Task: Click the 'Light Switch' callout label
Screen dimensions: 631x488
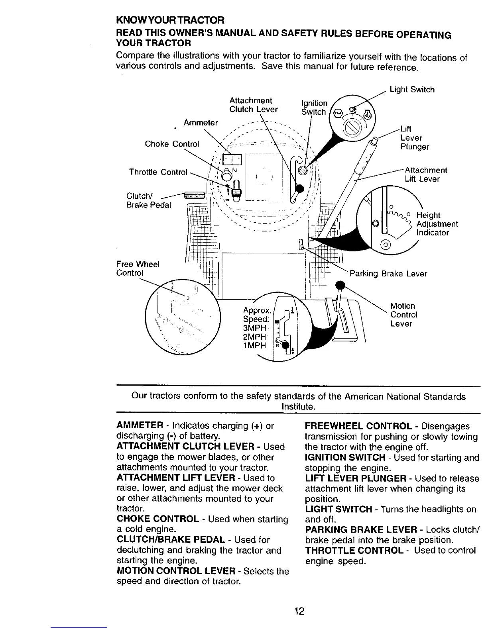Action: pyautogui.click(x=412, y=90)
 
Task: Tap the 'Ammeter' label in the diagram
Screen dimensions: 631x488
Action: pyautogui.click(x=201, y=123)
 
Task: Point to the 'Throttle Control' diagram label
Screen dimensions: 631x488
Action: pyautogui.click(x=158, y=172)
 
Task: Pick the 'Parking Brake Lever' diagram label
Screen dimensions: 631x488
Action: pyautogui.click(x=388, y=274)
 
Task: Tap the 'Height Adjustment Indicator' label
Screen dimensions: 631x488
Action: pyautogui.click(x=437, y=224)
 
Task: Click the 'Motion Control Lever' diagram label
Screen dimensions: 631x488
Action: pyautogui.click(x=404, y=315)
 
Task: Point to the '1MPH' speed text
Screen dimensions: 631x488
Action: pyautogui.click(x=254, y=345)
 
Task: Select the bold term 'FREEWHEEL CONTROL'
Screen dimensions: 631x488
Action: pyautogui.click(x=358, y=426)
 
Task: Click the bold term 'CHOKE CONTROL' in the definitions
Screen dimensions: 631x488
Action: pyautogui.click(x=158, y=519)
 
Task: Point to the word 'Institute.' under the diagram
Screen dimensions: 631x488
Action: pyautogui.click(x=299, y=407)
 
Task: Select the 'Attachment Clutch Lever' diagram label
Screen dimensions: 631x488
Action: pyautogui.click(x=253, y=105)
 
